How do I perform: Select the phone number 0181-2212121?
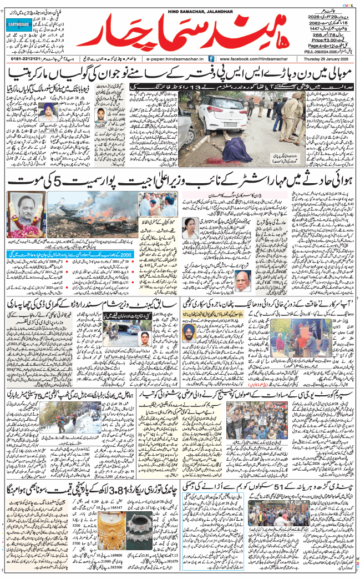(x=24, y=58)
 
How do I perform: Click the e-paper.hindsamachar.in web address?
(x=173, y=58)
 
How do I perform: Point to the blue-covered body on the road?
(x=239, y=149)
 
